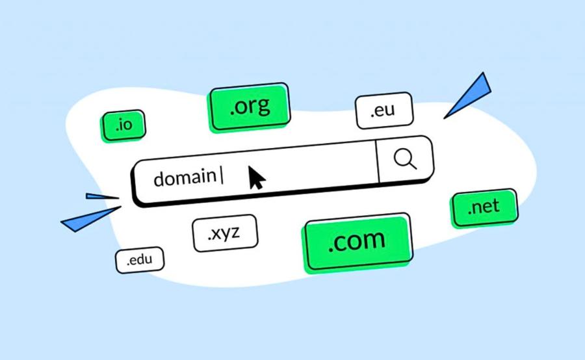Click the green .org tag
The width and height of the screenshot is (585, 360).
pos(249,107)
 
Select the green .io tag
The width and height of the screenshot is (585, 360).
pos(123,125)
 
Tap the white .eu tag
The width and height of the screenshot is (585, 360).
pos(384,110)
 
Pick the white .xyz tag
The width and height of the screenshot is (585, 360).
pos(225,233)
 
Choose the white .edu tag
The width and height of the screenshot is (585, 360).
pos(140,260)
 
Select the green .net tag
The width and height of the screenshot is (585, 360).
pos(484,207)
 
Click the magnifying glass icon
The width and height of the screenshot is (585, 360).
pos(405,159)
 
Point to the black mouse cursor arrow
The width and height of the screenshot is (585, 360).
pos(256,178)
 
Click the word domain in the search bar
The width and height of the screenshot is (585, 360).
pos(185,177)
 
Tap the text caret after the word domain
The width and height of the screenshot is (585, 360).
pos(222,175)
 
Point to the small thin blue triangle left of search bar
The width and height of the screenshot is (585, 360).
pos(102,196)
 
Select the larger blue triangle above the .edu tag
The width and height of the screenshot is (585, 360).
pos(90,219)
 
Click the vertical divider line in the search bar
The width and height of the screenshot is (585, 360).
pos(377,162)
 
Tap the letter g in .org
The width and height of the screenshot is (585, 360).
pos(263,107)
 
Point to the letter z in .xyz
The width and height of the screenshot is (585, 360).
pos(234,233)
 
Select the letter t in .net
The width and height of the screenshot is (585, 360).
pos(495,205)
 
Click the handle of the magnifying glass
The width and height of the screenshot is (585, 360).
pos(413,165)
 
